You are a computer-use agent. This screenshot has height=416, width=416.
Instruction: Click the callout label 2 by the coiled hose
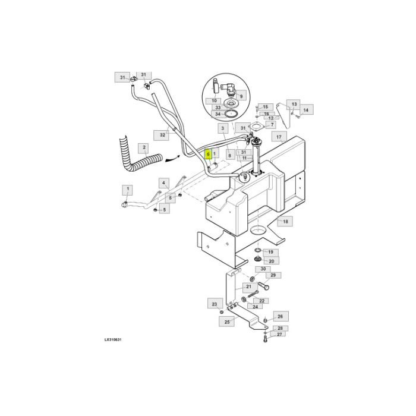[x=143, y=147]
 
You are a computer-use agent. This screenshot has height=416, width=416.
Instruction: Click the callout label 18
[x=285, y=221]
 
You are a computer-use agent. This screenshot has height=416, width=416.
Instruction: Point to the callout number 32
[x=163, y=135]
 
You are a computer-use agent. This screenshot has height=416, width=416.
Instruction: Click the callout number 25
[x=227, y=322]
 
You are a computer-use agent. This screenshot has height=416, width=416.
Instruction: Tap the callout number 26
[x=281, y=316]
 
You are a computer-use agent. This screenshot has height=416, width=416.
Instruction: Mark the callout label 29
[x=273, y=275]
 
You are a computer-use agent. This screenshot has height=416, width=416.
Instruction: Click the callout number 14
[x=305, y=110]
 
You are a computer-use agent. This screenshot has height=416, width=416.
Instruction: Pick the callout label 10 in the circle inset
[x=215, y=101]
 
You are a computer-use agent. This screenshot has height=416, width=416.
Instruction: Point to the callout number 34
[x=218, y=114]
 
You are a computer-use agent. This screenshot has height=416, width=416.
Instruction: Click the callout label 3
[x=222, y=128]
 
